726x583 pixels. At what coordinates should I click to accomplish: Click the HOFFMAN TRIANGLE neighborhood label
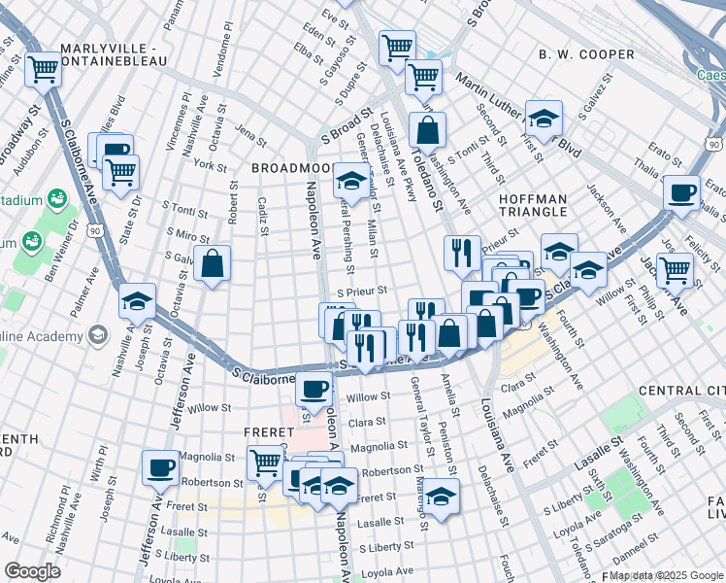[532, 205]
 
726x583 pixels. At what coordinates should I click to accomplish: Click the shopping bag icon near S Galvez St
[212, 263]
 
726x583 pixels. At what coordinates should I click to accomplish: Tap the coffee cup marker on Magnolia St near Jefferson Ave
[161, 467]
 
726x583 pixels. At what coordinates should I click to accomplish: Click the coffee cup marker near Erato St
[683, 191]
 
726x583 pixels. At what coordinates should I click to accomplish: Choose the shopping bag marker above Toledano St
[427, 129]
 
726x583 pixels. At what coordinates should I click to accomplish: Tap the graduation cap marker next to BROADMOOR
[350, 180]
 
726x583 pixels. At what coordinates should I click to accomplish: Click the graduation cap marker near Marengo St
[441, 496]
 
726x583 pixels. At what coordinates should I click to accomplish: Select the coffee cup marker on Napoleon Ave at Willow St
[313, 389]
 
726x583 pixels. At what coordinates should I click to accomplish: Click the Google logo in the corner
[32, 571]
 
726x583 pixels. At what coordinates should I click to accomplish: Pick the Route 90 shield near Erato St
[713, 145]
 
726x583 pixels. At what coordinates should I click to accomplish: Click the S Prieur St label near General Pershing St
[362, 290]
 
